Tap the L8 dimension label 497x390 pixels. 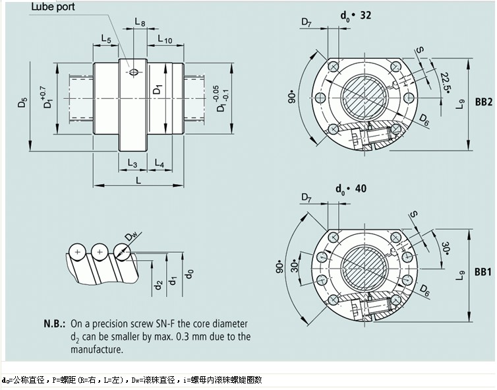[x=140, y=22]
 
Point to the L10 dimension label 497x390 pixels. [x=165, y=40]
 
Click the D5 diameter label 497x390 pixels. [x=23, y=104]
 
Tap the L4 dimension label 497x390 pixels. [x=160, y=163]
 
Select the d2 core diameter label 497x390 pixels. [x=158, y=285]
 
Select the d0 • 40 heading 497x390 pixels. [x=351, y=189]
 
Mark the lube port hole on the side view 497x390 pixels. [x=135, y=72]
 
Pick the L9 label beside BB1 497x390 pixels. [x=459, y=272]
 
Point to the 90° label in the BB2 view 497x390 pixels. [x=292, y=98]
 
